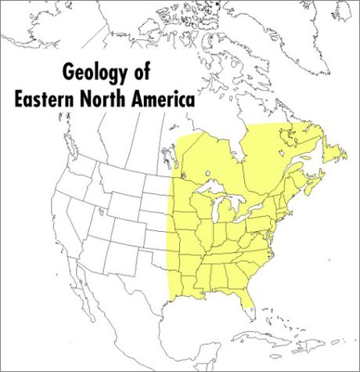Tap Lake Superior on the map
pos(211,191)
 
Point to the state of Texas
pos(145,286)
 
